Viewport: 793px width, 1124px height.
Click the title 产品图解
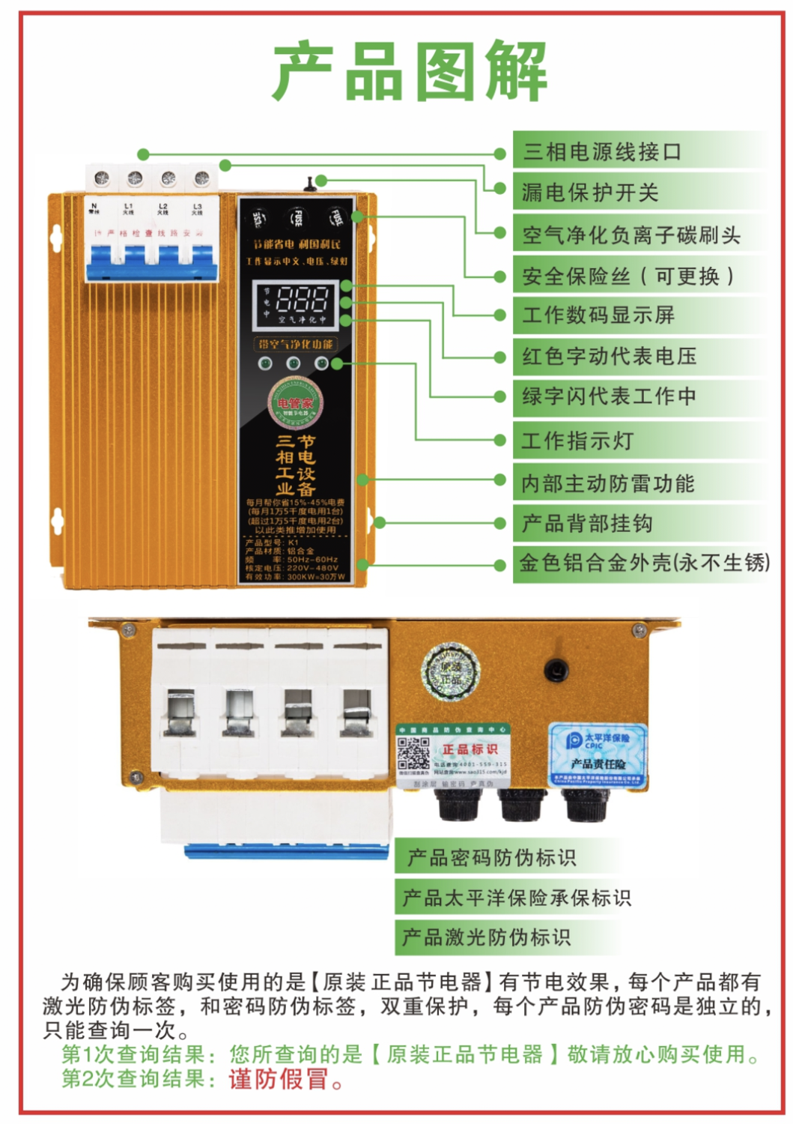point(410,72)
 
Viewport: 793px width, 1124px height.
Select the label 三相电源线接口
point(602,152)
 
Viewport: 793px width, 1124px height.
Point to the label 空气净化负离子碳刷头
point(631,235)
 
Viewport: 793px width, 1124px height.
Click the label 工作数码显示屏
point(598,315)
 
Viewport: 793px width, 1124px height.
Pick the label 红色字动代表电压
point(610,356)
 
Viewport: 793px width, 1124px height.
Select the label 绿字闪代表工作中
point(610,396)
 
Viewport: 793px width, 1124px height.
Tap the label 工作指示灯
point(577,441)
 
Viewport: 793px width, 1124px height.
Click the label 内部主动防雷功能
point(608,483)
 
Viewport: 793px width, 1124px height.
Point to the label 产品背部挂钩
point(587,523)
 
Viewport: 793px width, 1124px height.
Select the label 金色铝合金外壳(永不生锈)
point(644,563)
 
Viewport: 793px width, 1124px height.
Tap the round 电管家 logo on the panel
point(296,403)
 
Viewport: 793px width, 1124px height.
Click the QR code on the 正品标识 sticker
point(413,754)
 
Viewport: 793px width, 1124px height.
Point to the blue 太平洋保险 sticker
point(598,753)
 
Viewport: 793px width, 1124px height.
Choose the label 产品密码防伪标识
point(491,857)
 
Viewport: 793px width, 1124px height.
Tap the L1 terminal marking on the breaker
point(129,208)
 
